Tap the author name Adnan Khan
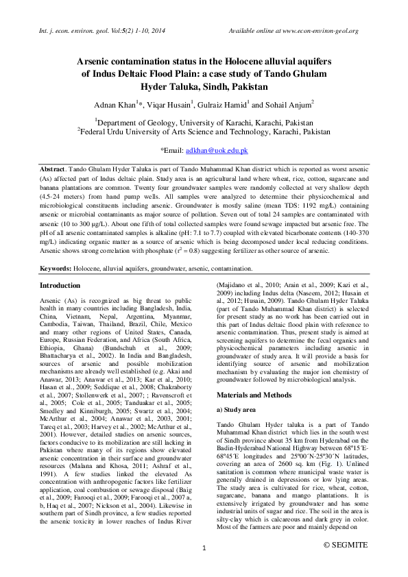click(115, 104)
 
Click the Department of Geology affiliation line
click(204, 122)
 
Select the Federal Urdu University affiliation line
click(204, 131)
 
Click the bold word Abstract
click(52, 169)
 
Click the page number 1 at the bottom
click(204, 548)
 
